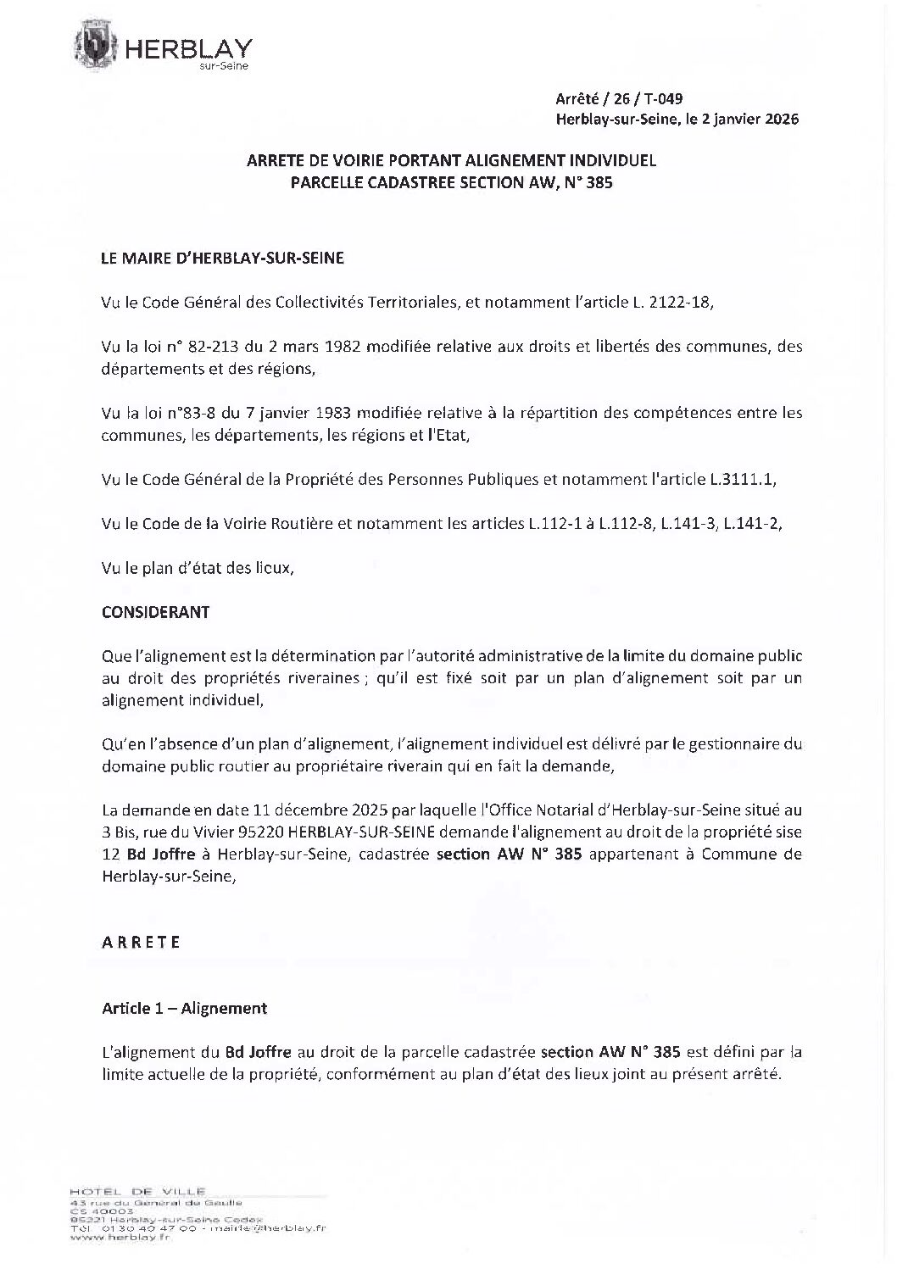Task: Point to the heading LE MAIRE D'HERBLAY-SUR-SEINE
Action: point(222,259)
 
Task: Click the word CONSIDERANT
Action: point(155,611)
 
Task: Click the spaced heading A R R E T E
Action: point(141,943)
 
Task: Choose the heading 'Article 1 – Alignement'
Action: point(184,1008)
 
